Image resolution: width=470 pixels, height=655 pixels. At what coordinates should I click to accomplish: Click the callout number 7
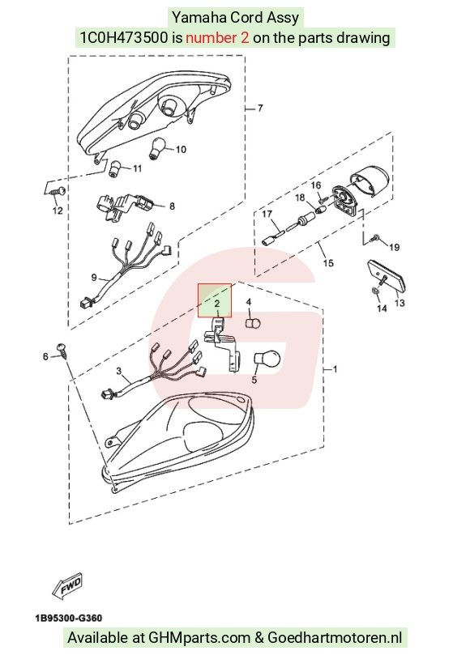pos(260,108)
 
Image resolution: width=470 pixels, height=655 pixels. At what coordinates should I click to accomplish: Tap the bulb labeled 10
pos(157,148)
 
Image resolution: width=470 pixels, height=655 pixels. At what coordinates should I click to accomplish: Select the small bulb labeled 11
pos(114,168)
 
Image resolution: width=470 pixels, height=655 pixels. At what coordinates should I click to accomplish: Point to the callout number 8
pos(172,206)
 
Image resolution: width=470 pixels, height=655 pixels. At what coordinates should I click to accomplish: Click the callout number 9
pos(94,278)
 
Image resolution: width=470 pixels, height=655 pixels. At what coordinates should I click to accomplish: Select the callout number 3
pos(119,371)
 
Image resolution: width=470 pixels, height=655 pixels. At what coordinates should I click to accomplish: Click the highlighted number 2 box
pos(215,300)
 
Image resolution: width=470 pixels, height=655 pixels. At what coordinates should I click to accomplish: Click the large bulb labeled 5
pos(267,359)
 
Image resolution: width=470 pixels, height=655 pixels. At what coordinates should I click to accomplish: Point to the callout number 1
pos(335,369)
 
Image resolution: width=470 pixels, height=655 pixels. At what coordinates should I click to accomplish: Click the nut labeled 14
pos(375,291)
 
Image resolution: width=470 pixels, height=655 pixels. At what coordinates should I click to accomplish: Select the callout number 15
pos(328,263)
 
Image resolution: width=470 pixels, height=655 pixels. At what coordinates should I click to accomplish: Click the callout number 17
pos(267,215)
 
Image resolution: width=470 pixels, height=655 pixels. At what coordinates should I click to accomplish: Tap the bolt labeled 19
pos(374,238)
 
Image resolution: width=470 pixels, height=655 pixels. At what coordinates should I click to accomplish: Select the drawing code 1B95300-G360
pos(69,618)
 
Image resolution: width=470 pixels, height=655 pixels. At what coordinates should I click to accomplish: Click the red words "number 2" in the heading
pos(217,38)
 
